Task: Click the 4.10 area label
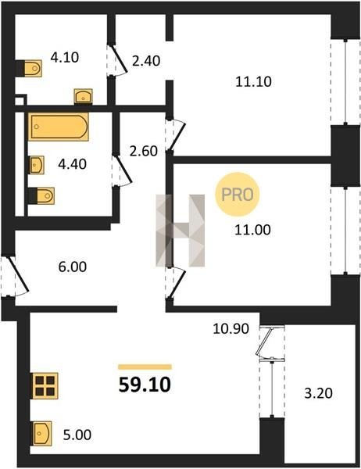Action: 65,57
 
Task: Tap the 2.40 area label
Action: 146,61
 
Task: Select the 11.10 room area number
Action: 254,81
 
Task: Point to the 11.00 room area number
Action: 252,230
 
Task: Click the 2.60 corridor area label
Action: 144,151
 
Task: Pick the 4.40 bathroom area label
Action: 73,164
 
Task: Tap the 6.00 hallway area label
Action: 73,267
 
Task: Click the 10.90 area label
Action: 231,329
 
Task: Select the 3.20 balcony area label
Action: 319,393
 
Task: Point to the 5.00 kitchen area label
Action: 77,435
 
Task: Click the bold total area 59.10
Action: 145,385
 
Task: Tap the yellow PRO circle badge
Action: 238,195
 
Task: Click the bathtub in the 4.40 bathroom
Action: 59,127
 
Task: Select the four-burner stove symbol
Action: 45,386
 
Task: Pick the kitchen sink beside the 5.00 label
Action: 41,433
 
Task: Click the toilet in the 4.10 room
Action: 33,69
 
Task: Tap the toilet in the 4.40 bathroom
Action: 45,196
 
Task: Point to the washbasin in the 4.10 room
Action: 83,96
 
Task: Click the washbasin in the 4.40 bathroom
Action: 37,165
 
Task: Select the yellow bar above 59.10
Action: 145,367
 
